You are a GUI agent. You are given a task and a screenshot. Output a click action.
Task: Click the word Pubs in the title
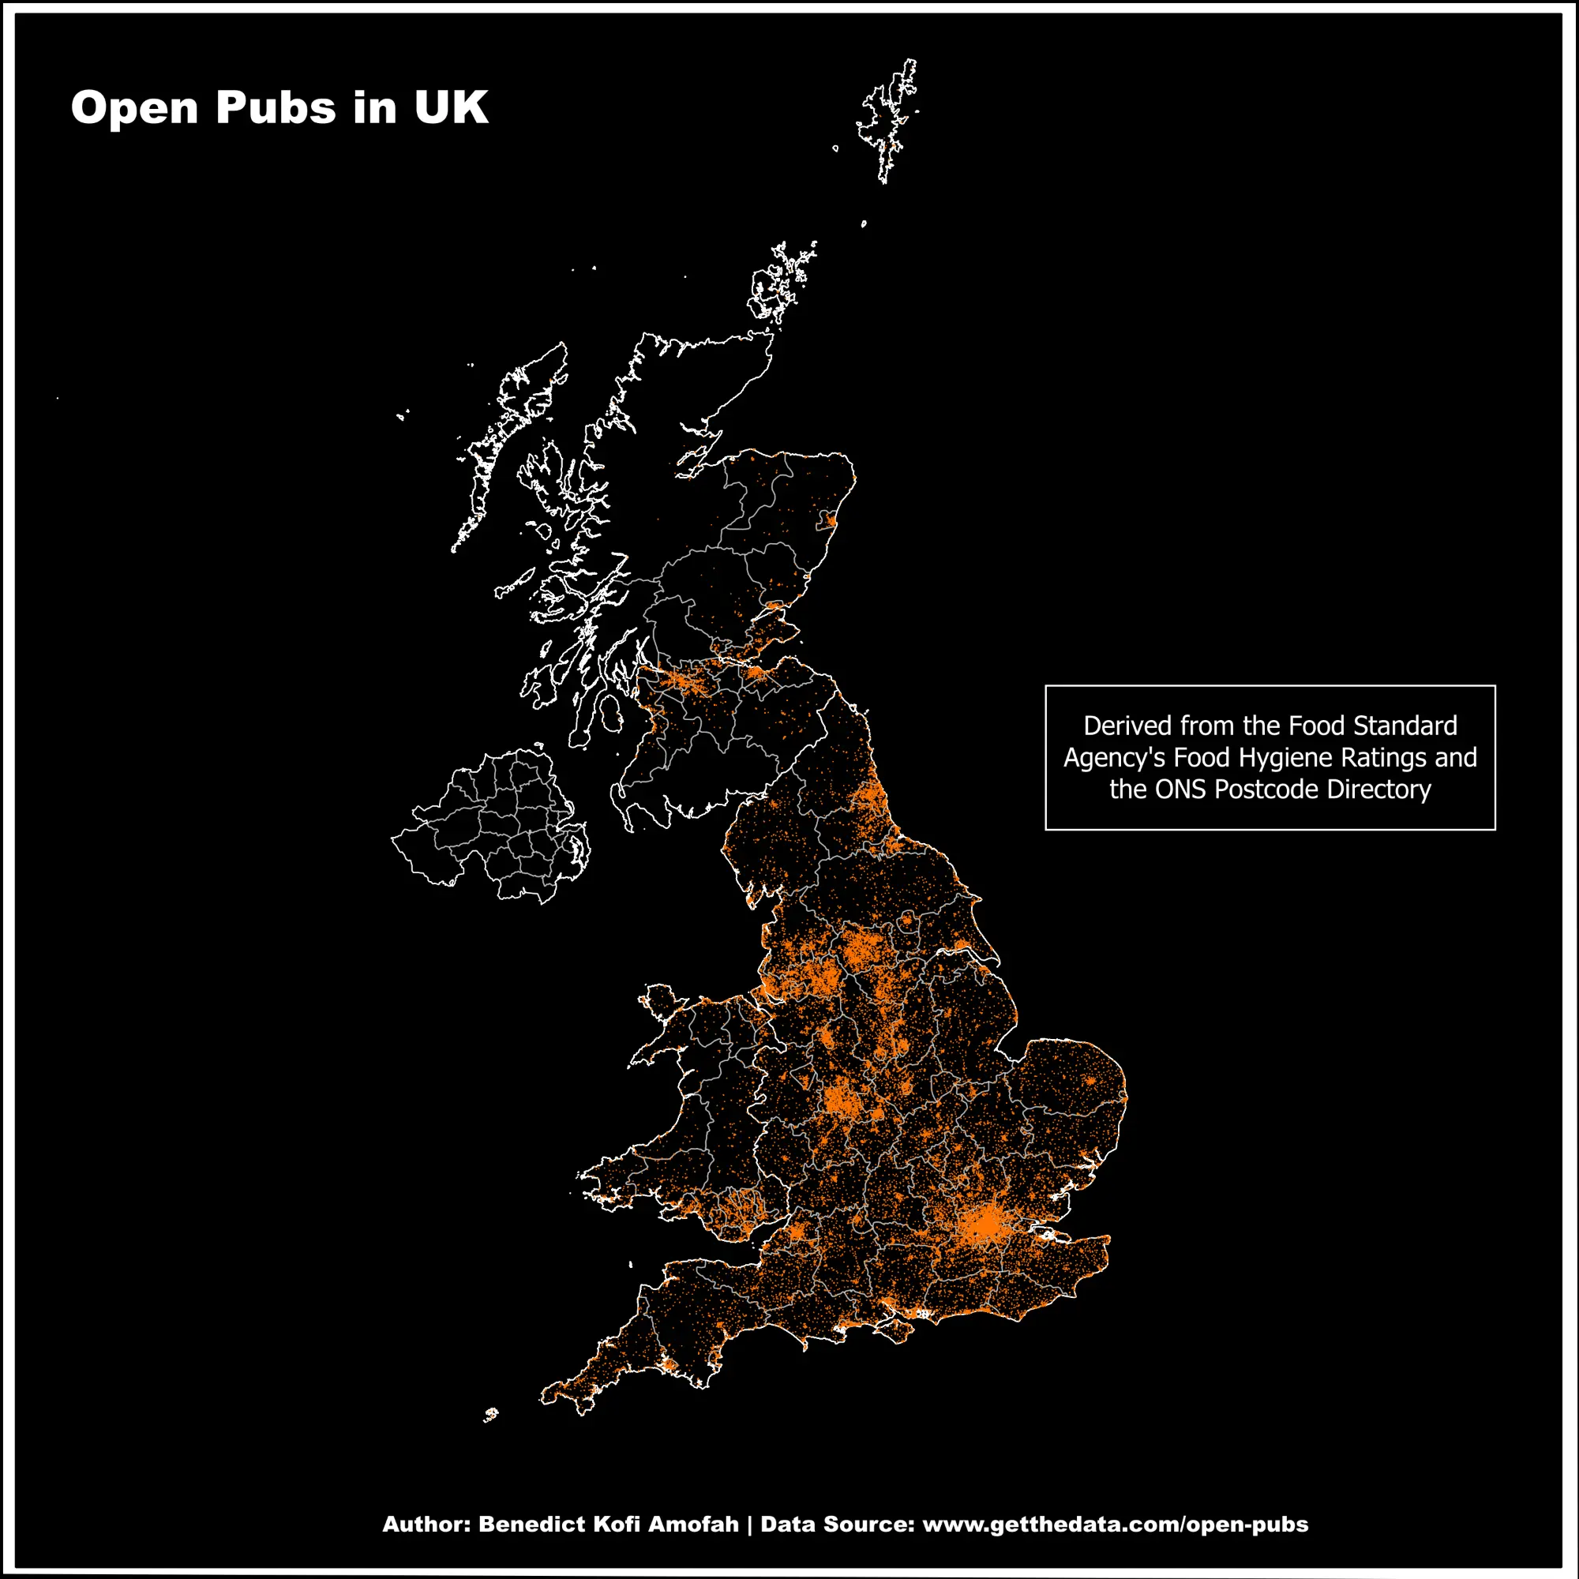276,107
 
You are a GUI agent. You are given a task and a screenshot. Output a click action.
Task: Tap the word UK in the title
450,107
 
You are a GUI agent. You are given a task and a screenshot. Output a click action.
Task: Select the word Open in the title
134,107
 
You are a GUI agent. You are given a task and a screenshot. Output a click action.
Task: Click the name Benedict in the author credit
531,1525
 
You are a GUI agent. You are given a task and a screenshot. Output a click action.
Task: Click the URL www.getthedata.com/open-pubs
1115,1525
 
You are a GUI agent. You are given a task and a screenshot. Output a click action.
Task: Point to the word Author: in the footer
426,1525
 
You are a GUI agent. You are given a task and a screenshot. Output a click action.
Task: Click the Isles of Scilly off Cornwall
491,1414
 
